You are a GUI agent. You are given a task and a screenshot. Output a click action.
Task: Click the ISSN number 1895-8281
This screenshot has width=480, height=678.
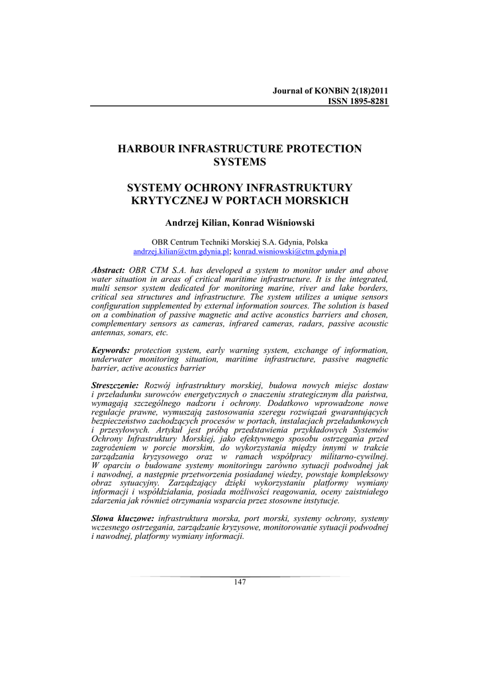click(x=363, y=101)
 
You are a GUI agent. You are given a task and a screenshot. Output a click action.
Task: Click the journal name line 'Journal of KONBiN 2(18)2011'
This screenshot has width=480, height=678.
click(x=330, y=91)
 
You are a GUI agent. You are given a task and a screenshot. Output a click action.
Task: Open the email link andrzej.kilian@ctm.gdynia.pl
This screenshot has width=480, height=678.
click(x=181, y=252)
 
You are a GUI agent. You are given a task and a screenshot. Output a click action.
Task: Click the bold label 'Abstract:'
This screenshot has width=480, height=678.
click(x=108, y=270)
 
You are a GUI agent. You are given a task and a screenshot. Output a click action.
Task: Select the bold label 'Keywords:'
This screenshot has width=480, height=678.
click(x=111, y=350)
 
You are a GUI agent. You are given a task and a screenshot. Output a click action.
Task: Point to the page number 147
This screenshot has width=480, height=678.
click(x=240, y=582)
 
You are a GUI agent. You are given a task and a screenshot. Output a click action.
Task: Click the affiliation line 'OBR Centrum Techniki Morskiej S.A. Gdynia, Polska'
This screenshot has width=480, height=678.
click(x=240, y=242)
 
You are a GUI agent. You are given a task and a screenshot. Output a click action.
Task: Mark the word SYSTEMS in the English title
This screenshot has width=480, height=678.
click(x=240, y=162)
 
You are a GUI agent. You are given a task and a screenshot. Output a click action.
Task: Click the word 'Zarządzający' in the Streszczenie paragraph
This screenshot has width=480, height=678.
click(x=193, y=483)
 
